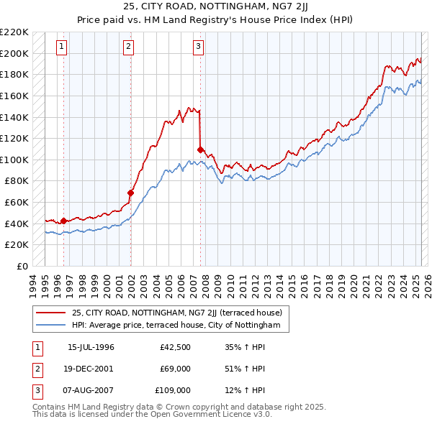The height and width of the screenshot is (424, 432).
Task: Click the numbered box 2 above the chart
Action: tap(128, 47)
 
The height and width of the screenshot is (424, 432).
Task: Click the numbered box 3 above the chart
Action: tap(198, 47)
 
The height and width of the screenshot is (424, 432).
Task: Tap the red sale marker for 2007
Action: tap(199, 149)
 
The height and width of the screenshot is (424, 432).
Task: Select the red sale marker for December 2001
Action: tap(130, 193)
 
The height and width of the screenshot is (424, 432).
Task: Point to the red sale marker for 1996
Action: tap(63, 221)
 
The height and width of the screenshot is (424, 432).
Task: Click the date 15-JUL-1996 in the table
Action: tap(91, 347)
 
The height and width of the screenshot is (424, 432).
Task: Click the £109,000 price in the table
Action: tap(173, 390)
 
